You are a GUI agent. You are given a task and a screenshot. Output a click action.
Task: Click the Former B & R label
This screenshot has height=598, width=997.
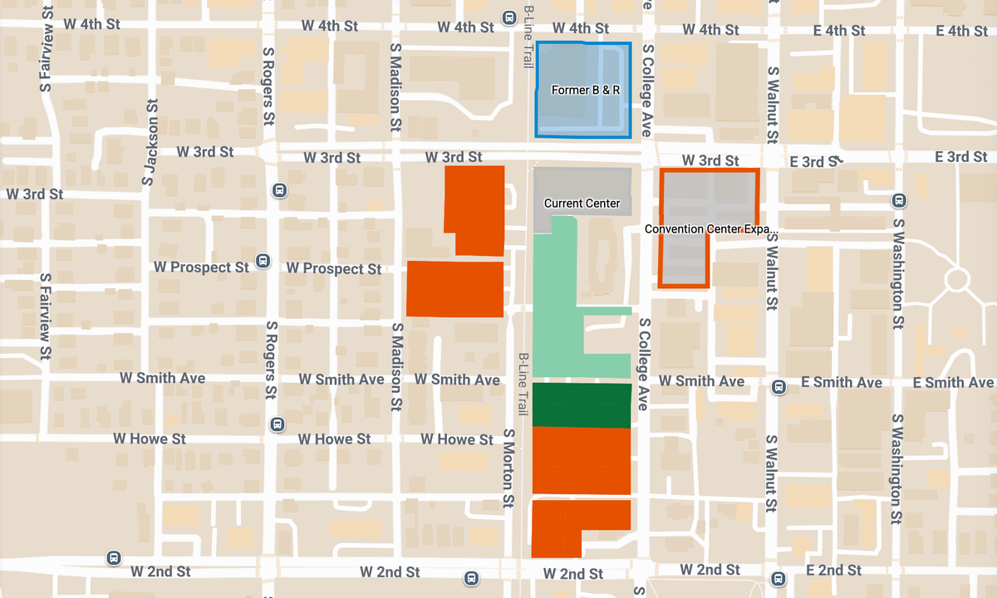pos(586,89)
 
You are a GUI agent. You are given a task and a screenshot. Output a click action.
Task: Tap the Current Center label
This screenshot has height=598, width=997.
pos(582,203)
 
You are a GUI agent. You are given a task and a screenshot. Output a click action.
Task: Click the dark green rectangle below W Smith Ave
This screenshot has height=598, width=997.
pos(581,405)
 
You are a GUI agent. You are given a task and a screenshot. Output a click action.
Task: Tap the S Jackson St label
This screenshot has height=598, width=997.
pos(150,142)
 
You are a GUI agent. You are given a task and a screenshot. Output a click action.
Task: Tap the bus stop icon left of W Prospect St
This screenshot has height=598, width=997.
pos(263,261)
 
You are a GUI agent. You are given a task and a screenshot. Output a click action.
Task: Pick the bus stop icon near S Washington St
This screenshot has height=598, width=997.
pos(898,200)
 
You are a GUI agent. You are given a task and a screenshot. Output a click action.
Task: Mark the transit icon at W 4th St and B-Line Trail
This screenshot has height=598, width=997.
pos(509,17)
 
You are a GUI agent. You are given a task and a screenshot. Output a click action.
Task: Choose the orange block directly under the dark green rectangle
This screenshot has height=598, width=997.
pos(581,460)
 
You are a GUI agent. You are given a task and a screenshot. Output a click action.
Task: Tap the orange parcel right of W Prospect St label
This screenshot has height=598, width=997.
pos(455,288)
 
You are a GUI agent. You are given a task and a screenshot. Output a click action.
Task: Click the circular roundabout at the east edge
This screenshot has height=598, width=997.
pos(956,278)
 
